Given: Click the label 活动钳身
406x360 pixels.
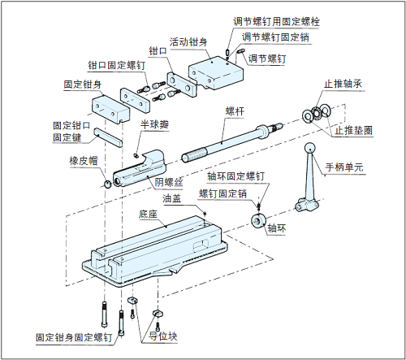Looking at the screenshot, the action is (x=188, y=42).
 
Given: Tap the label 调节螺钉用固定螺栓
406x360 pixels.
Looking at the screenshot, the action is (x=276, y=22).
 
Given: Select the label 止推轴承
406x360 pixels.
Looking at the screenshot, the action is (x=343, y=84).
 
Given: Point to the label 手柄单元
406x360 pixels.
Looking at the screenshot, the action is (x=344, y=167).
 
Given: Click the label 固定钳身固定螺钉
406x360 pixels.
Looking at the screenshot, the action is (x=74, y=337).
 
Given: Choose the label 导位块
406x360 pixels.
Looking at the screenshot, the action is (x=163, y=336).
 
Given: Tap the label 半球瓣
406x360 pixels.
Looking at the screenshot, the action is (x=154, y=124).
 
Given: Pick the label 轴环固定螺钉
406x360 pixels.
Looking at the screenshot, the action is (x=235, y=176).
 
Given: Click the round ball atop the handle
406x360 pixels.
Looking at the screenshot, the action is (x=309, y=149).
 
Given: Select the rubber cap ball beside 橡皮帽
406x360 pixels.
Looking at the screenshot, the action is (x=108, y=184).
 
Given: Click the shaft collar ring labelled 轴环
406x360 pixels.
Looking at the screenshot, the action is (x=257, y=221).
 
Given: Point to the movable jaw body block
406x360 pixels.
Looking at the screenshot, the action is (x=216, y=73).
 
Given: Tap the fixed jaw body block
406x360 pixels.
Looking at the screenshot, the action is (x=110, y=109).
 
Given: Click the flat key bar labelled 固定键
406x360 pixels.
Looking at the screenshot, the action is (x=108, y=137).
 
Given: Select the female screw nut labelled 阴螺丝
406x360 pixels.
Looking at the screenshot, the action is (x=140, y=168).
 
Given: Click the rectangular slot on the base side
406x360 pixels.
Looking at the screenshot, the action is (x=201, y=244).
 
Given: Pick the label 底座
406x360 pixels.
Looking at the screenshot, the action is (x=148, y=215).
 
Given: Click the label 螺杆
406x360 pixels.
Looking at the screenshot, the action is (x=235, y=111).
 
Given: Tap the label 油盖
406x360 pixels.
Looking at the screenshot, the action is (x=171, y=198).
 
